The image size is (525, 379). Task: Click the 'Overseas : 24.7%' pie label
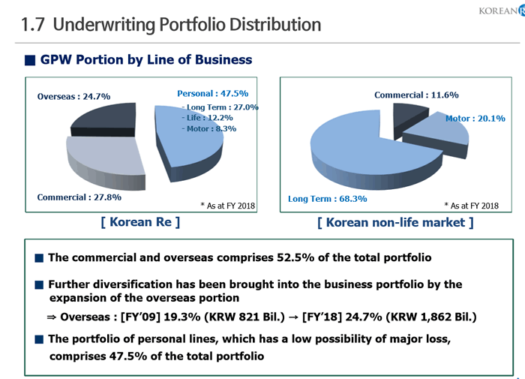point(73,96)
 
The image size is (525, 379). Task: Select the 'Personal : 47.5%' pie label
point(212,94)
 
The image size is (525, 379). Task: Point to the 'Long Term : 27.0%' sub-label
point(221,107)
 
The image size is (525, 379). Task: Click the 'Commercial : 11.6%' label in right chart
point(416,95)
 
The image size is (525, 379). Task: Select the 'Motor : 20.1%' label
point(475,118)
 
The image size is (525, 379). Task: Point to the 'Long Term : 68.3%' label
point(327,199)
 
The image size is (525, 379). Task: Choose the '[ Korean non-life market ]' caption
point(394,223)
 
